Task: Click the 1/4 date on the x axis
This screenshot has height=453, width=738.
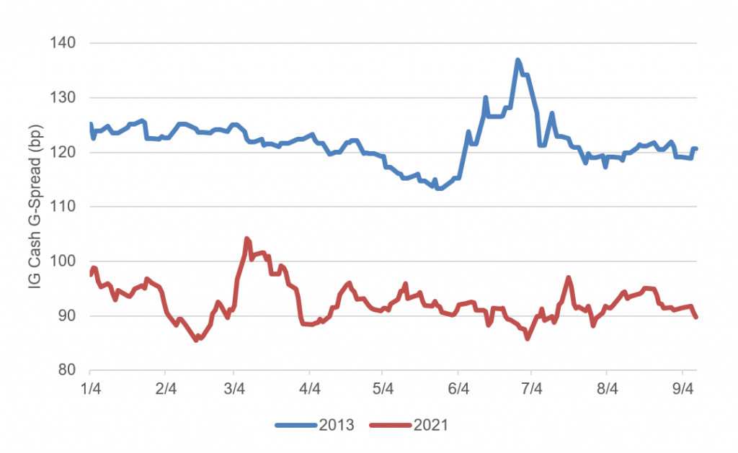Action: click(x=90, y=389)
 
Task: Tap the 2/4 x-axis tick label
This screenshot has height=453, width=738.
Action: click(x=166, y=389)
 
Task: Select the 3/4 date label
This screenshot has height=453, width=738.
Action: click(x=234, y=389)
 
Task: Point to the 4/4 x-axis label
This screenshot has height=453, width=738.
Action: click(x=309, y=389)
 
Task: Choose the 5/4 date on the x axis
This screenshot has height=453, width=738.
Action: click(x=383, y=389)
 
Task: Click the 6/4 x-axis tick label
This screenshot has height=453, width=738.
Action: click(x=458, y=389)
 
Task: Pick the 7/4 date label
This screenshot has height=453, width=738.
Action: click(x=531, y=389)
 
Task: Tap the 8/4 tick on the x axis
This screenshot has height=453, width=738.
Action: click(x=607, y=389)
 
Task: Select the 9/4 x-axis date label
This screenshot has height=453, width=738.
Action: click(x=682, y=389)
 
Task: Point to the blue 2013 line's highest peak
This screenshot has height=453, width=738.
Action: click(x=518, y=60)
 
